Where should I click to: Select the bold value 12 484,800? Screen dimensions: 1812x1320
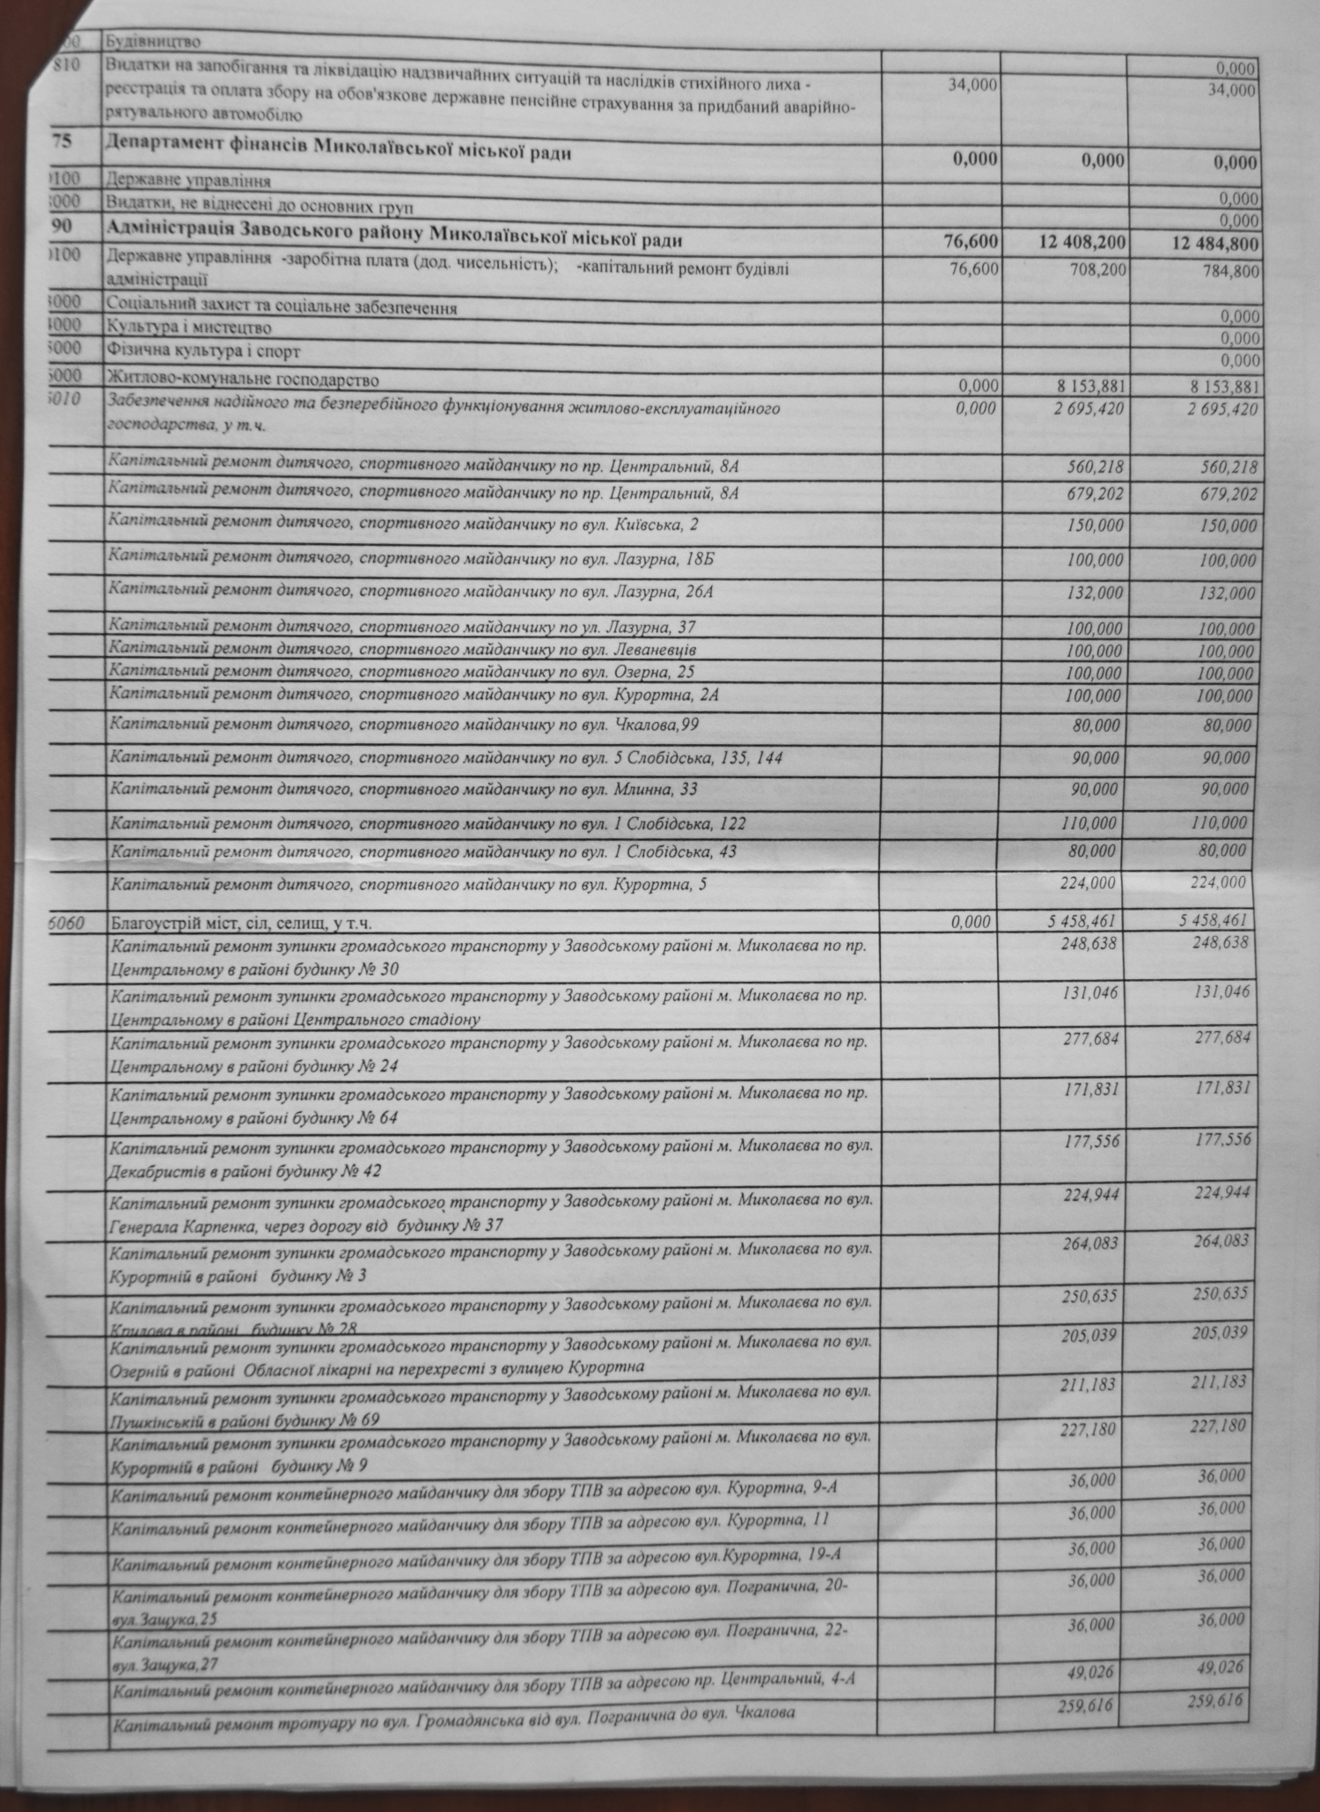pos(1215,244)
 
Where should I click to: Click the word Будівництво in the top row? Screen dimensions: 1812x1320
pos(152,41)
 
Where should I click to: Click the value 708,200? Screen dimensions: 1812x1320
pos(1092,269)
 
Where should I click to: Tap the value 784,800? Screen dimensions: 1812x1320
pos(1230,271)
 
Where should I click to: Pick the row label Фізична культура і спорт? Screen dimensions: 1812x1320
pos(202,350)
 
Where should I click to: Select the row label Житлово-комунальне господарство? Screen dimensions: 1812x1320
pos(242,379)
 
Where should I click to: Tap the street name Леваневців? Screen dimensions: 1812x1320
pos(654,651)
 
